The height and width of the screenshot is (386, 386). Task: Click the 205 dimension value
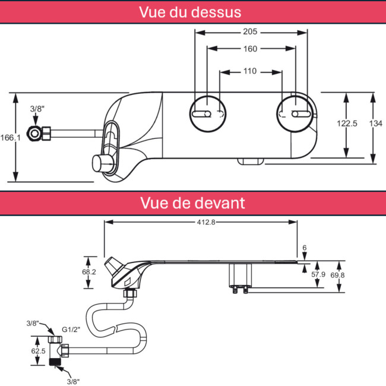coord(250,31)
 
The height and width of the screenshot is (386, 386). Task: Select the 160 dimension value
coord(251,49)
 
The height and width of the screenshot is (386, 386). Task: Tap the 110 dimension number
coord(250,71)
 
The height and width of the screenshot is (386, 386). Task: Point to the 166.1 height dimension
coord(10,138)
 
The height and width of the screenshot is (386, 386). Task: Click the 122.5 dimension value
coord(347,124)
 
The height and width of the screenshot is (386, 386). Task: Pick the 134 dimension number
coord(376,124)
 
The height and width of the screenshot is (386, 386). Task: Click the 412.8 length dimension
coord(206,222)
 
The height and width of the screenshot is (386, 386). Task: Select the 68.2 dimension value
coord(89,272)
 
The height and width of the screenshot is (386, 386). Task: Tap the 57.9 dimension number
coord(318,274)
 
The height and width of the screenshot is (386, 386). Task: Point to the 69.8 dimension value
coord(337,275)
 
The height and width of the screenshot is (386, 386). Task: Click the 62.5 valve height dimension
coord(39,351)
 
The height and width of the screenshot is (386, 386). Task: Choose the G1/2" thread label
coord(71,330)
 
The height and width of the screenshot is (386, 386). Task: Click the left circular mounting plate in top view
coord(208,96)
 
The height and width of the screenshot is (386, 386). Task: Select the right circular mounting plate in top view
coord(295,96)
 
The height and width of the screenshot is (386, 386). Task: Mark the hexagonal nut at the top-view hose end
coord(33,134)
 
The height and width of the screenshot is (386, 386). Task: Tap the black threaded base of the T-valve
coord(55,362)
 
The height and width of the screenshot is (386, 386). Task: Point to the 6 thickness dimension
coord(305,248)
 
